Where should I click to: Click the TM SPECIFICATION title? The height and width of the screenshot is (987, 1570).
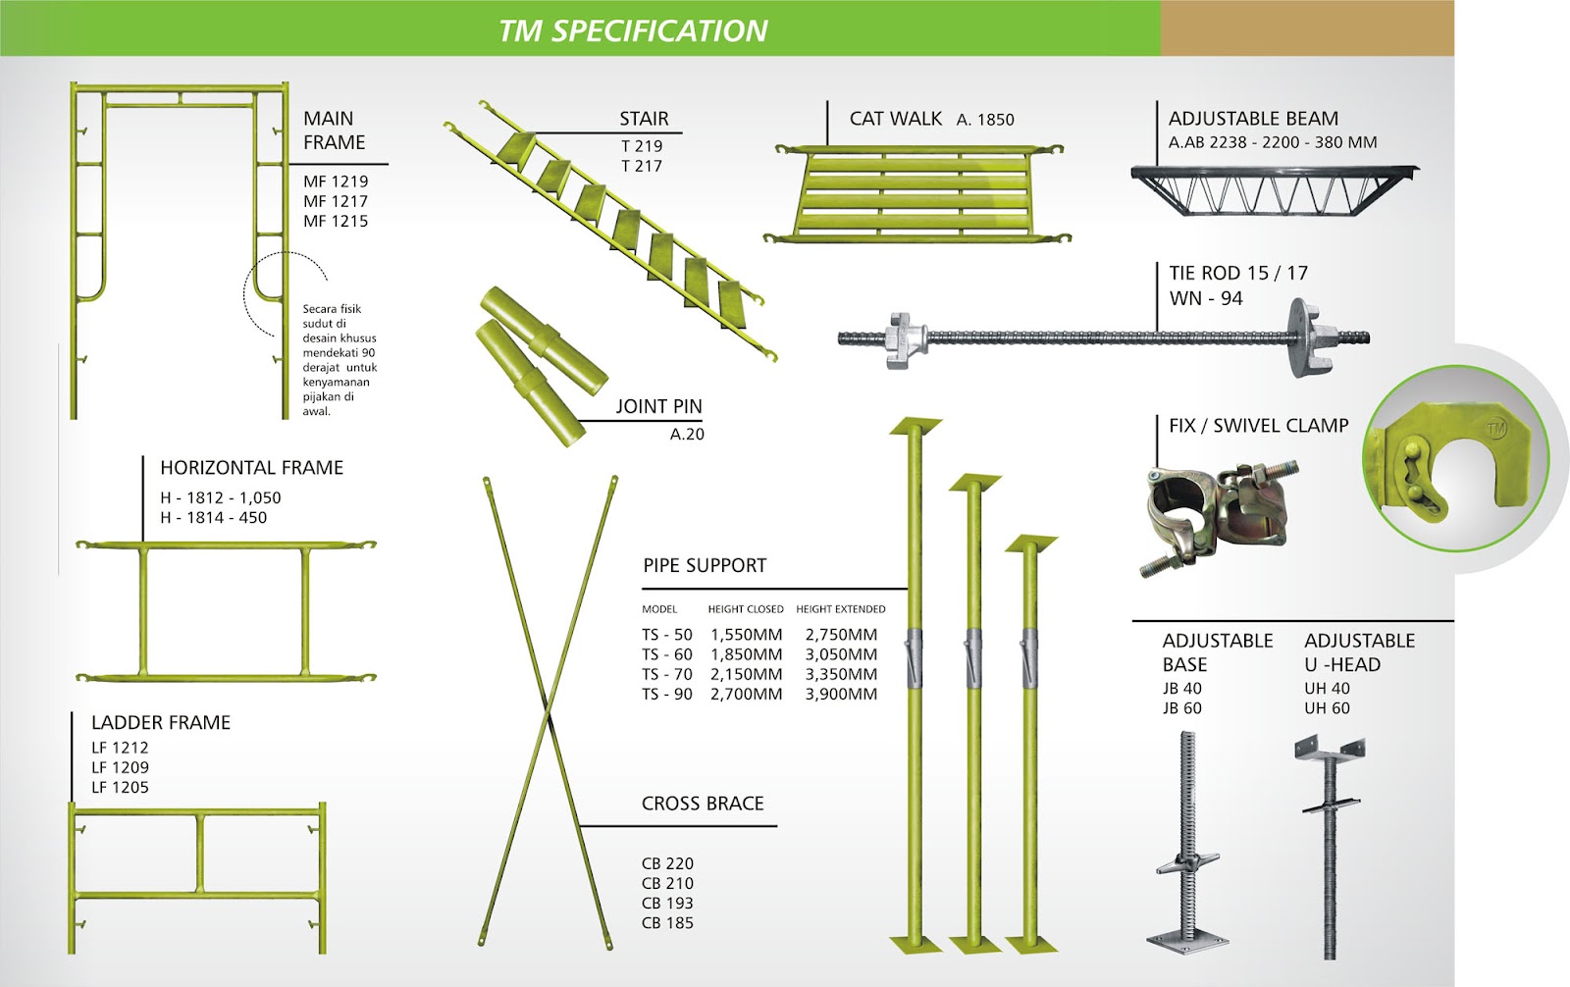(x=633, y=30)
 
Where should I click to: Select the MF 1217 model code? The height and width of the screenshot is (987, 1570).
(x=336, y=201)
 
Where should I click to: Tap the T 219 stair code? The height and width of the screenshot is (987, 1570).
(x=642, y=146)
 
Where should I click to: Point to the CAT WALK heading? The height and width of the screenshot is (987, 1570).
(x=895, y=119)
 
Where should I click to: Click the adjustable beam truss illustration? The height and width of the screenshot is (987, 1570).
(x=1274, y=189)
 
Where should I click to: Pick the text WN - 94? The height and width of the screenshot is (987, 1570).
(x=1206, y=298)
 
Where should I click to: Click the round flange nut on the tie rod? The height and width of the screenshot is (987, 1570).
(x=1307, y=337)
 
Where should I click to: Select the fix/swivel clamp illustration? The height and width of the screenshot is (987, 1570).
(x=1218, y=517)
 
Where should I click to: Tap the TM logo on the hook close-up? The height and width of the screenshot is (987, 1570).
(x=1495, y=428)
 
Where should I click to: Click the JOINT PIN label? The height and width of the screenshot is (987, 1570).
(x=658, y=406)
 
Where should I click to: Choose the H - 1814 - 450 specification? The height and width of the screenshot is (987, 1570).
(x=214, y=517)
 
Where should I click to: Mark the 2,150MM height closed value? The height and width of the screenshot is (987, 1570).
(x=746, y=674)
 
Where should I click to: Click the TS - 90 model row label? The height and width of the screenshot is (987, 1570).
(x=667, y=694)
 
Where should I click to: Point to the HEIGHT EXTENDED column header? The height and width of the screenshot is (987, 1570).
(x=840, y=609)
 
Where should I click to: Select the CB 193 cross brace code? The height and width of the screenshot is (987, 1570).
(x=667, y=903)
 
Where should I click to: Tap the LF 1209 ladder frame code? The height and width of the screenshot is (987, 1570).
(x=120, y=767)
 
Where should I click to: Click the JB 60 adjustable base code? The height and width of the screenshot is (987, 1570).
(x=1182, y=708)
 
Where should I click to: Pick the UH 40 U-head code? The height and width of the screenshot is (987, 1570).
(x=1327, y=689)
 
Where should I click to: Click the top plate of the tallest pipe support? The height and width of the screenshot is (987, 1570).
(x=916, y=426)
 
